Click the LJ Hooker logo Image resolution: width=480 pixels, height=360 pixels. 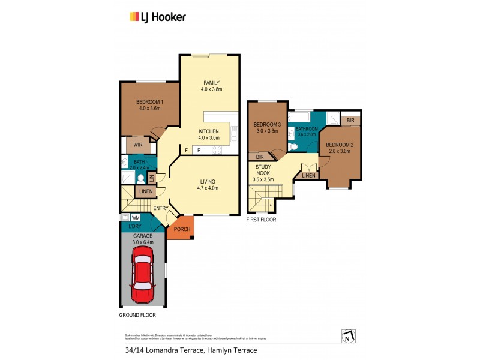point(158,17)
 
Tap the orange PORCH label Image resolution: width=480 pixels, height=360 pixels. point(182,229)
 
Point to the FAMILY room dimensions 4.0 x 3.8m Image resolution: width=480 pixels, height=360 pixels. point(211,89)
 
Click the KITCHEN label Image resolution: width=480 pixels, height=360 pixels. point(209,131)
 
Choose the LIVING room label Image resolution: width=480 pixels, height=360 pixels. point(208,181)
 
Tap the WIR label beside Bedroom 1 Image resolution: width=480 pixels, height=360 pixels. point(137,145)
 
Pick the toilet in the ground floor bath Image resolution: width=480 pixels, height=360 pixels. point(140,179)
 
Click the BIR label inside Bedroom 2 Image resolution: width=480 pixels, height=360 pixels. point(350,121)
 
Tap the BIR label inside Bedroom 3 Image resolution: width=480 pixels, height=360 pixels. point(261,156)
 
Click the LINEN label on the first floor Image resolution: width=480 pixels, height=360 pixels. point(309,175)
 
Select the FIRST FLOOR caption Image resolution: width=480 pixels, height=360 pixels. point(262,220)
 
